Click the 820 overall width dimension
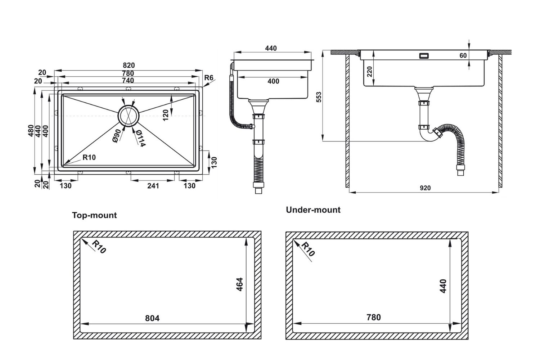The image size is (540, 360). click(129, 65)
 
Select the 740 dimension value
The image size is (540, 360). click(128, 80)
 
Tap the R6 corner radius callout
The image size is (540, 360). click(208, 78)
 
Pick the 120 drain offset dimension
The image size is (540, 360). click(166, 115)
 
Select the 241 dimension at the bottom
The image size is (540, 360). click(153, 186)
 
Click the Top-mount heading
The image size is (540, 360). click(94, 215)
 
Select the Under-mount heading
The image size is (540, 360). click(313, 210)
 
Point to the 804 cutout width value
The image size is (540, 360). click(152, 318)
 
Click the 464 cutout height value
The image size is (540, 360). click(239, 284)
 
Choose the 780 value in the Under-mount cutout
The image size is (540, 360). click(373, 317)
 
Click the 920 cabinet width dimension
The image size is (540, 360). click(425, 188)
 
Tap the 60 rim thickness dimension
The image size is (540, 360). click(463, 55)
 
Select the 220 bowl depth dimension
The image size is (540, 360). click(369, 72)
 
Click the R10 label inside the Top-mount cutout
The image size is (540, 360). click(98, 247)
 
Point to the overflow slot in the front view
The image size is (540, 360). click(424, 56)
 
